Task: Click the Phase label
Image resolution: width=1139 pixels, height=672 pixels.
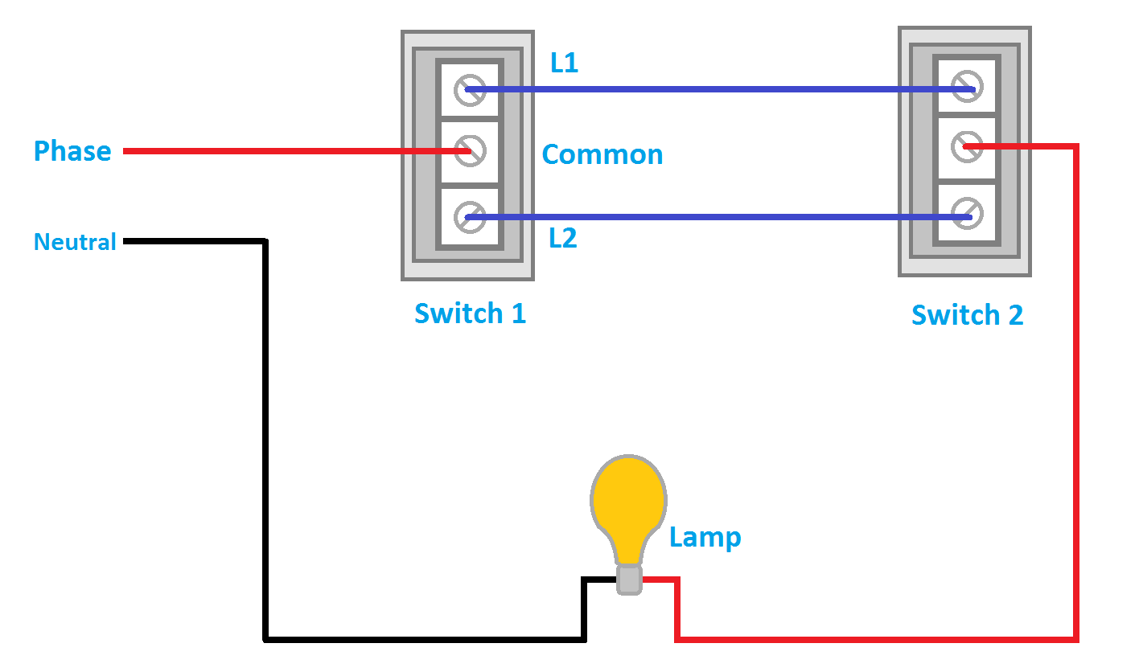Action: click(72, 151)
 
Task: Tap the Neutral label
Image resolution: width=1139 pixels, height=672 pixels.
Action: click(75, 242)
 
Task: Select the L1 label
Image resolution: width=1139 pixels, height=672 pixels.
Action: click(564, 64)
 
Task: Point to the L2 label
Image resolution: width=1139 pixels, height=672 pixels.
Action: click(563, 239)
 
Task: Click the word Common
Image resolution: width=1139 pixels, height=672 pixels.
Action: click(602, 154)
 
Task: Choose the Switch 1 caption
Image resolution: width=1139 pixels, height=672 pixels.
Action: click(470, 313)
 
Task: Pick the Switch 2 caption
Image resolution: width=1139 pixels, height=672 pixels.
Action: click(967, 315)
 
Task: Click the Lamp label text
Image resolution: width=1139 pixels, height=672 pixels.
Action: click(705, 537)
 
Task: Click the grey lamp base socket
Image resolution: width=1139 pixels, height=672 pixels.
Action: click(629, 579)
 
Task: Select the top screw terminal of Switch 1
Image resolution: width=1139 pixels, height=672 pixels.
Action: click(470, 90)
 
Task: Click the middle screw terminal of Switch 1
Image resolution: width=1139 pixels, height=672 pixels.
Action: click(470, 151)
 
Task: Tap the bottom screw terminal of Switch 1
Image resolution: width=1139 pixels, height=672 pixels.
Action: click(470, 216)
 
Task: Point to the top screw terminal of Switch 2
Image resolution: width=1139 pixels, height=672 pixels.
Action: click(966, 87)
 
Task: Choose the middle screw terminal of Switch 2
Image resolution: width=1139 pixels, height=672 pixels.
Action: click(966, 146)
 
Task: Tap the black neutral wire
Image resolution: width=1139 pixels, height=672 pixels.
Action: click(265, 442)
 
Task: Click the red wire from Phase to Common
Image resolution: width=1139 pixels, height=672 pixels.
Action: click(282, 151)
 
